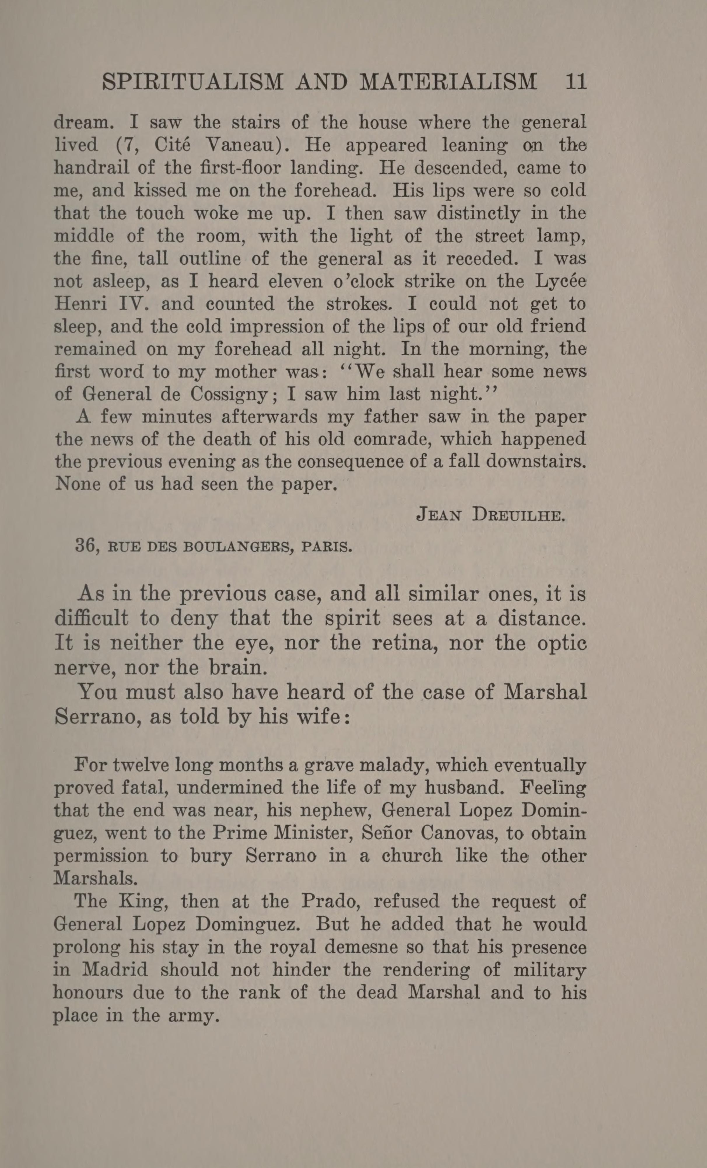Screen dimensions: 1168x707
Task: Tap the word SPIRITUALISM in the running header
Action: tap(193, 82)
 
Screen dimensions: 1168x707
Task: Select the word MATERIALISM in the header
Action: tap(448, 82)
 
